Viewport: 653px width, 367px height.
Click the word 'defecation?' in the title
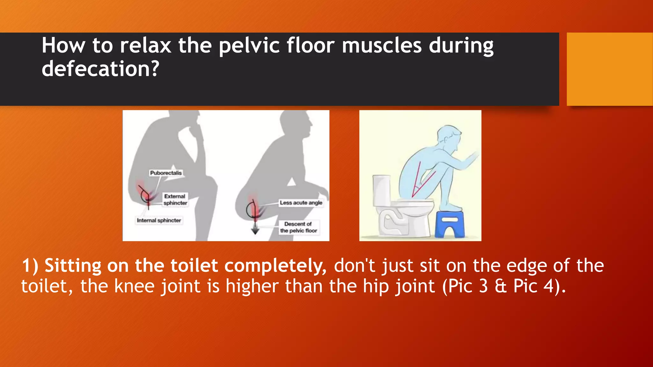100,69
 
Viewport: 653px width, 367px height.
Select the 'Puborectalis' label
166,173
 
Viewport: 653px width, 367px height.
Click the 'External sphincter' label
175,200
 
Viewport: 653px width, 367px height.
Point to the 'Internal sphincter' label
159,220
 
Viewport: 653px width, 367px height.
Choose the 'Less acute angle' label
301,203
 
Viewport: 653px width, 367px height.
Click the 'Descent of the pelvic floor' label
298,227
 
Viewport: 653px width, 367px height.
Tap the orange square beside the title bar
609,69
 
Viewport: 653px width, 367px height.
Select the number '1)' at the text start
30,266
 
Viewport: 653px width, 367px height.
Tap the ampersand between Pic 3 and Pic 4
501,286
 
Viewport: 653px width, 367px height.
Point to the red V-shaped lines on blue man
421,182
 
